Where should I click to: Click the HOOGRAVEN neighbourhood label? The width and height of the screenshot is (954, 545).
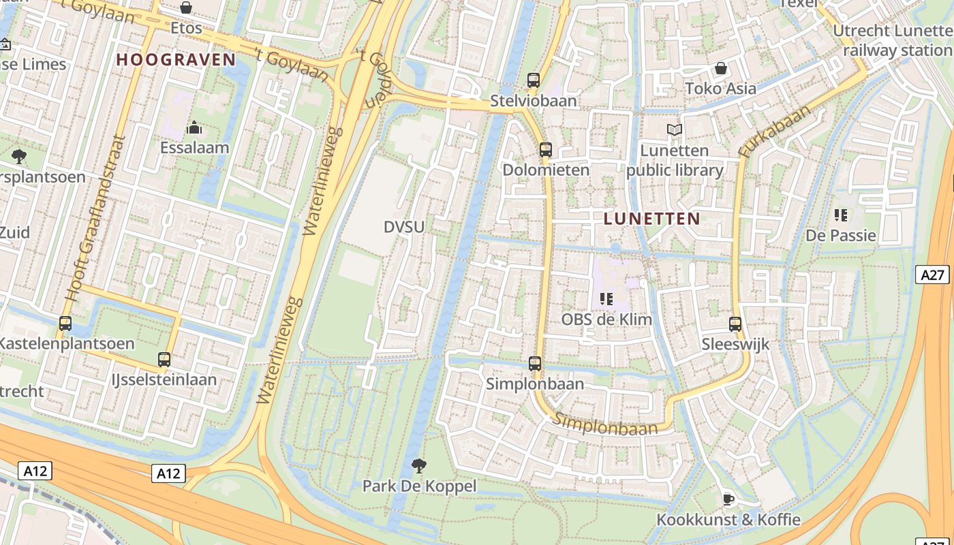tap(176, 59)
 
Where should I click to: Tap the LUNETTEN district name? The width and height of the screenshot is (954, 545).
tap(651, 219)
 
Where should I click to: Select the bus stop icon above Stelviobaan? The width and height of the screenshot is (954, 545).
tap(534, 80)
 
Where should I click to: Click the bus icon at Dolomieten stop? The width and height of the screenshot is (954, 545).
tap(545, 150)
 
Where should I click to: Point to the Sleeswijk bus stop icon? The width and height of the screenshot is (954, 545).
tap(735, 324)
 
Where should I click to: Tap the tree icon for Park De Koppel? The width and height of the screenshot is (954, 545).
tap(419, 466)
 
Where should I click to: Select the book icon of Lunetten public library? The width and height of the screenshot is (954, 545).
tap(675, 129)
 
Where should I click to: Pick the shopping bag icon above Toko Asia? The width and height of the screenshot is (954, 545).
tap(720, 68)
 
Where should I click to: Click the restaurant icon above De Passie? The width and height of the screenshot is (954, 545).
tap(841, 216)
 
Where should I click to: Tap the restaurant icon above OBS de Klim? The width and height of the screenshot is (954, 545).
tap(606, 299)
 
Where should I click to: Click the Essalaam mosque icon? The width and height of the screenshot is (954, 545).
tap(194, 127)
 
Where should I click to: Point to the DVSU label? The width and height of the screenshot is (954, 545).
tap(403, 227)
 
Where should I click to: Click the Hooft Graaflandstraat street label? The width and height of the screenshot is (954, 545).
tap(95, 218)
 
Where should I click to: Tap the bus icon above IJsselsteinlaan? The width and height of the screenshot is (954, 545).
tap(164, 360)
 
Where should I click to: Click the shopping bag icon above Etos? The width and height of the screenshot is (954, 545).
tap(186, 7)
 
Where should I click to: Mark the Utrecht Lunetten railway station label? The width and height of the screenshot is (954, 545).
tap(893, 40)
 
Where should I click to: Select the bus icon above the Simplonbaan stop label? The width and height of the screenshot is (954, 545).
tap(535, 364)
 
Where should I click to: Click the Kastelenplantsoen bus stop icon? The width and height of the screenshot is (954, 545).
tap(65, 324)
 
